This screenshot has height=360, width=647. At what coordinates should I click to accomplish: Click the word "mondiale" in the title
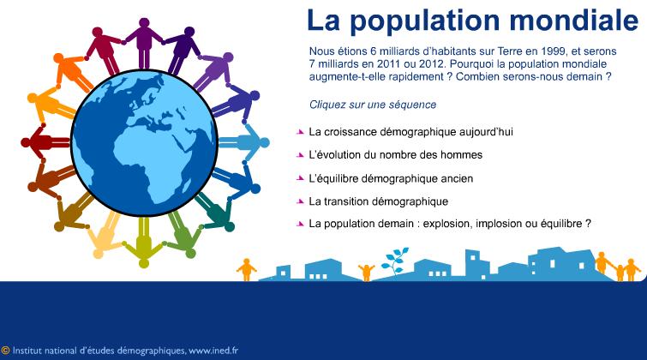click(574, 20)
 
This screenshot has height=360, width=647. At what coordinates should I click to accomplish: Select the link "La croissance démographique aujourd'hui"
click(411, 132)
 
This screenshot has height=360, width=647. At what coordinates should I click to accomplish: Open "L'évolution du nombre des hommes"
click(396, 155)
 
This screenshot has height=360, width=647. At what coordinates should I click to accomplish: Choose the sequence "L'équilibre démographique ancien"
click(391, 178)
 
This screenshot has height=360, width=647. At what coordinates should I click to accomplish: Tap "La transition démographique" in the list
click(379, 201)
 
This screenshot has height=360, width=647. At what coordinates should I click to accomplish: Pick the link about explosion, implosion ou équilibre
click(450, 224)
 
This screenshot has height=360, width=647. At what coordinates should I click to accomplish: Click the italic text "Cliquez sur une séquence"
click(373, 105)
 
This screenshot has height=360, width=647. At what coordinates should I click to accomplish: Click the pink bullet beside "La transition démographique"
click(300, 201)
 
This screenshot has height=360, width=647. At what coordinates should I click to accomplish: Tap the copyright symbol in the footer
click(5, 351)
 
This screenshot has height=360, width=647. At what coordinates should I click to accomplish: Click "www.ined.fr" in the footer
click(213, 351)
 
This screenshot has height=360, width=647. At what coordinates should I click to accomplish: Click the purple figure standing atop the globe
click(144, 43)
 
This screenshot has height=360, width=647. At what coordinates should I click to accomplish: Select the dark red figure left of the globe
click(45, 142)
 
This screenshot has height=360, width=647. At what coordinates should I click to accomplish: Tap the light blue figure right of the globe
click(244, 142)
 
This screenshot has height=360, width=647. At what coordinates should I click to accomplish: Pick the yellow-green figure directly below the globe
click(144, 242)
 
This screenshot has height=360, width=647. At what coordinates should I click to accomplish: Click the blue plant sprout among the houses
click(395, 261)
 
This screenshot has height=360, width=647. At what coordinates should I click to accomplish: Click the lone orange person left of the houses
click(246, 270)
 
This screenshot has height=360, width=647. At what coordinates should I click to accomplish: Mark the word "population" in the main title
click(424, 21)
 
